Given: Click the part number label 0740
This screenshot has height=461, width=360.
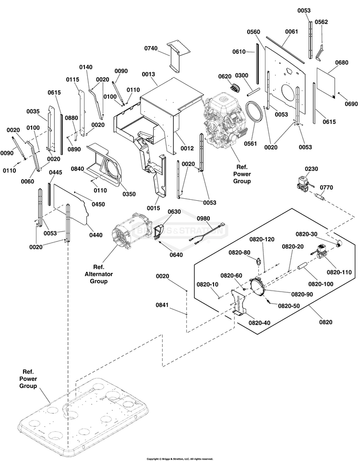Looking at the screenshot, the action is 151,48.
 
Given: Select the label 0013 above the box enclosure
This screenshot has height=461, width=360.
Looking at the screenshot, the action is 148,74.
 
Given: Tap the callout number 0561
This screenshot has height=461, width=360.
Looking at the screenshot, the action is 251,144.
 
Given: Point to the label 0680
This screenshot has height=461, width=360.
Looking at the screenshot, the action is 342,62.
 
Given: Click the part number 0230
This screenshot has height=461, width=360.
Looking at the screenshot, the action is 312,169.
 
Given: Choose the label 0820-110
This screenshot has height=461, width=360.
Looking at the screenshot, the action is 339,272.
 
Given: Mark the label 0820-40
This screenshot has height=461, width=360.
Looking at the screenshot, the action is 259,323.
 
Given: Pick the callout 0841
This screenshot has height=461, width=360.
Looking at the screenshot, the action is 162,305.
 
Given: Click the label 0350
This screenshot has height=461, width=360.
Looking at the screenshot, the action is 129,194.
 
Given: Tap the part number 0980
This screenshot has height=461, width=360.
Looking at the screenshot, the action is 204,218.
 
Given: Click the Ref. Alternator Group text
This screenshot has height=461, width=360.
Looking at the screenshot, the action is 99,274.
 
